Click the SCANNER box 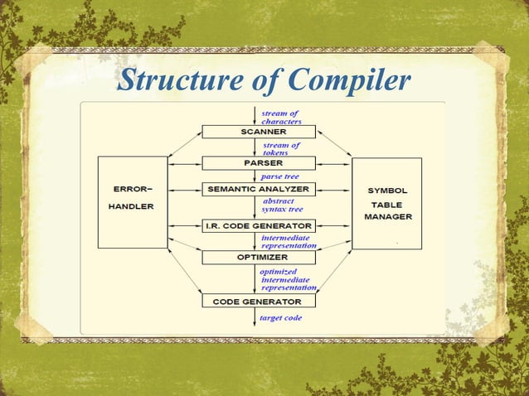tap(259, 132)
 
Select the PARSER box tap(259, 163)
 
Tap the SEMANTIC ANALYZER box tap(259, 190)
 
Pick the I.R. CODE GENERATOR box tap(259, 225)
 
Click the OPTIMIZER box tap(259, 258)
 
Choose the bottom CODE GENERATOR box tap(259, 302)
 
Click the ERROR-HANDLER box tap(133, 202)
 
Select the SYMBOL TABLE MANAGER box tap(387, 203)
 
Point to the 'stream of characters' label tap(281, 117)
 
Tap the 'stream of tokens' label tap(280, 148)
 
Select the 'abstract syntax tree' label tap(281, 205)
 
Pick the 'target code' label tap(281, 318)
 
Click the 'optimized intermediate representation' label tap(287, 280)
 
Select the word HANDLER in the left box tap(133, 205)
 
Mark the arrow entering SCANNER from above tap(255, 115)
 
